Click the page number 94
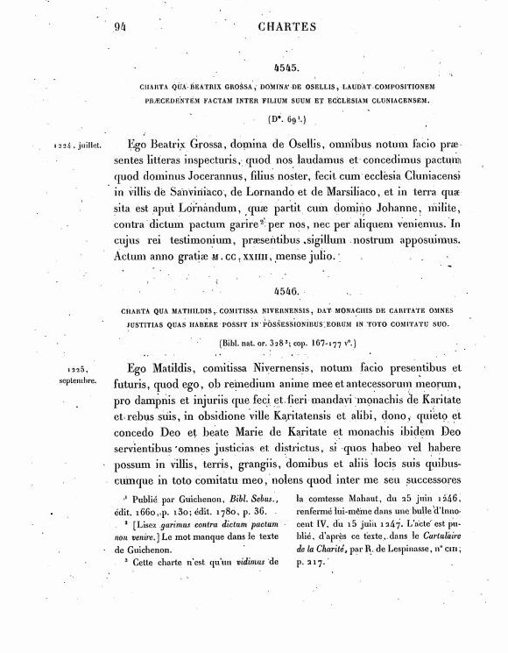coord(121,26)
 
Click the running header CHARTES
coord(287,26)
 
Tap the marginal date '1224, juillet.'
coord(76,140)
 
